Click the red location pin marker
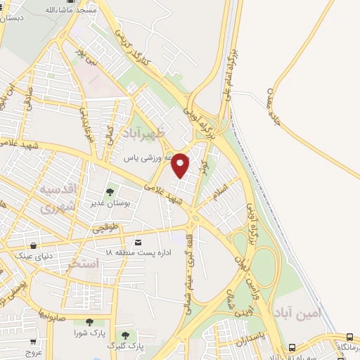181,164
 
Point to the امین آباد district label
297,312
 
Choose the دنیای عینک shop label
23,256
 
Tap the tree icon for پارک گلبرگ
125,335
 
